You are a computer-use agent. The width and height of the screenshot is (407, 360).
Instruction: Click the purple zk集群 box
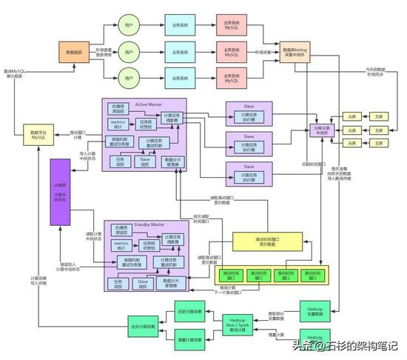[59, 191]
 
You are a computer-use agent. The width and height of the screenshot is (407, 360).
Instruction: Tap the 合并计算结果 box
[144, 326]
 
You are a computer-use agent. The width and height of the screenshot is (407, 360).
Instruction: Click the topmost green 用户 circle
[129, 24]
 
